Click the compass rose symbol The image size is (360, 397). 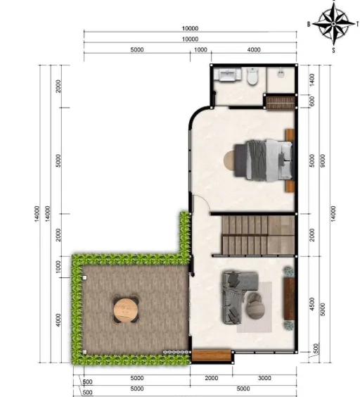pyautogui.click(x=333, y=23)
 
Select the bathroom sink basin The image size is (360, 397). pyautogui.click(x=227, y=75)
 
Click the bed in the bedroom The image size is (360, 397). pyautogui.click(x=264, y=160)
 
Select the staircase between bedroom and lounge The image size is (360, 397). pyautogui.click(x=258, y=235)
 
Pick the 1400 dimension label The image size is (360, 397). pyautogui.click(x=312, y=80)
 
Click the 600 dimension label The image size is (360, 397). pyautogui.click(x=312, y=101)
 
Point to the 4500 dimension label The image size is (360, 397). pyautogui.click(x=312, y=304)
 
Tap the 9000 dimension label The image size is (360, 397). pyautogui.click(x=323, y=160)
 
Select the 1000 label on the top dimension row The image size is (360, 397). pyautogui.click(x=200, y=49)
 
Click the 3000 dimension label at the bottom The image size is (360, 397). pyautogui.click(x=264, y=378)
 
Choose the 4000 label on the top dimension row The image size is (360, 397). pyautogui.click(x=254, y=49)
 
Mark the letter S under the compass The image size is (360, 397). pyautogui.click(x=333, y=50)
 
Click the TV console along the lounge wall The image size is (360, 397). pyautogui.click(x=289, y=298)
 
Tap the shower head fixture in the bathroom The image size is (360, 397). pyautogui.click(x=281, y=74)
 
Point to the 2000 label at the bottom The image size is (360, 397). pyautogui.click(x=211, y=378)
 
